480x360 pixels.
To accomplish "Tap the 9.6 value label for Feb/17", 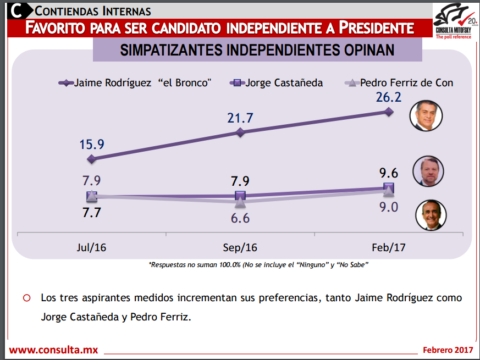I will (388, 173).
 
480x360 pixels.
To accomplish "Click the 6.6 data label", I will (240, 218).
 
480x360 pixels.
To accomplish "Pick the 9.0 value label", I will (388, 207).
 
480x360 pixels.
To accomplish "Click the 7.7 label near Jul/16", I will (91, 213).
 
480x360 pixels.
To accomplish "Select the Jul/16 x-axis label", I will (91, 247).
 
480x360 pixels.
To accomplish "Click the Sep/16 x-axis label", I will (240, 247).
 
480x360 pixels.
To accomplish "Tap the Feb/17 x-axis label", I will (388, 247).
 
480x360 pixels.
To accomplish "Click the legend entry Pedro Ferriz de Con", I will (399, 83).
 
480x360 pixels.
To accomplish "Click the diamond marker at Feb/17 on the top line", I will (389, 112).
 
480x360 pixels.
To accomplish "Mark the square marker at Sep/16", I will (240, 196).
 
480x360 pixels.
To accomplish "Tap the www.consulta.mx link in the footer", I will (53, 350).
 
